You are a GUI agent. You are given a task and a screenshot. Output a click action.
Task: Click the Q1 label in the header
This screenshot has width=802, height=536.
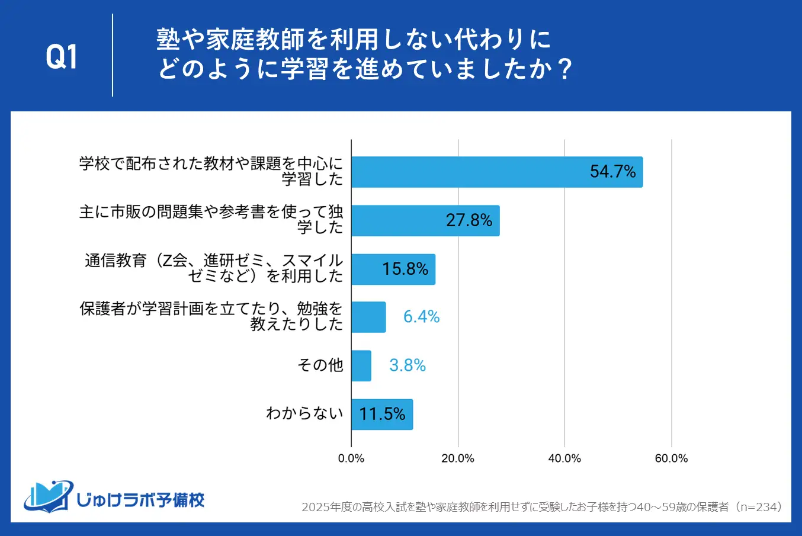point(62,57)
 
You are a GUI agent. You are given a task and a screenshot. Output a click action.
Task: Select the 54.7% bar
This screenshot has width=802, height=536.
point(496,172)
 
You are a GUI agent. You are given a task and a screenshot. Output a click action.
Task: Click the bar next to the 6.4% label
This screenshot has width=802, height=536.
point(368,317)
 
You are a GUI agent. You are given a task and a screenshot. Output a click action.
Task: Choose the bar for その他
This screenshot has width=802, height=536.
point(361,365)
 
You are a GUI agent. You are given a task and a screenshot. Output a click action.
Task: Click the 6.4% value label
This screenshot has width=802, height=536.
point(421,317)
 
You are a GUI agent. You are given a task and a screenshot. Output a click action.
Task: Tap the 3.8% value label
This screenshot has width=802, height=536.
point(408,365)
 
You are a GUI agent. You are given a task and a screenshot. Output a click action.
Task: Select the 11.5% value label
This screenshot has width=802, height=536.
point(383,414)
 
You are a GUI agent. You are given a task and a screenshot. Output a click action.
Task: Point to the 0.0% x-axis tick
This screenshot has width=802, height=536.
point(351,458)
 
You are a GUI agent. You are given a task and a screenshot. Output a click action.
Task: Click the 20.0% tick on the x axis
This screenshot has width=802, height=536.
point(458,458)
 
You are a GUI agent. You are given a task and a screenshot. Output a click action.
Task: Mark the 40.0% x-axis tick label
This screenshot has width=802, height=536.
point(564,458)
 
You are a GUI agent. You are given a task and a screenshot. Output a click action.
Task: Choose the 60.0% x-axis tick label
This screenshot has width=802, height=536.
point(671,458)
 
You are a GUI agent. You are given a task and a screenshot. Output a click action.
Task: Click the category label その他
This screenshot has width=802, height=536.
point(320,365)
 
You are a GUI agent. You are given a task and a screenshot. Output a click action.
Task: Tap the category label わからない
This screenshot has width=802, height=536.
point(304,413)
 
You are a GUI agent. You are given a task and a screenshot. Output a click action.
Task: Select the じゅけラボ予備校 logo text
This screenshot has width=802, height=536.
point(140,500)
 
